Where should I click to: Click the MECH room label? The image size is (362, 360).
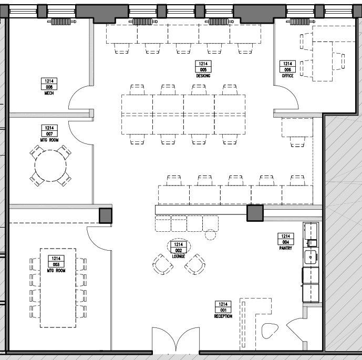tap(49, 93)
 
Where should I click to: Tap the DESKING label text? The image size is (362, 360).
tap(203, 76)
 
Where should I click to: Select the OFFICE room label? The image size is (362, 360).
tap(287, 76)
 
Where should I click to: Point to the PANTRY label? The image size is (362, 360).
tap(286, 248)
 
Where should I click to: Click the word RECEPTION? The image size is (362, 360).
tap(223, 316)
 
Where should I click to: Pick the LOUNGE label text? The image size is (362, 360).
tap(179, 256)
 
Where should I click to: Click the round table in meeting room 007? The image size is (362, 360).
tap(50, 166)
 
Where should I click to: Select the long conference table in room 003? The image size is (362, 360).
tap(58, 287)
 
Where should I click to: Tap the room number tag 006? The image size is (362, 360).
tap(287, 67)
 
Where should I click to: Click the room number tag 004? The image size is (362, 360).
tap(286, 239)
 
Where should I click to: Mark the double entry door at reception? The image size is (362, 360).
tap(175, 340)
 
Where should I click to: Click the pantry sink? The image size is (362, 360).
tap(311, 257)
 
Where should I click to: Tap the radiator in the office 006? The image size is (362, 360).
tap(299, 22)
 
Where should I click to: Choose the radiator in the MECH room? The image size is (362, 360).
tap(60, 22)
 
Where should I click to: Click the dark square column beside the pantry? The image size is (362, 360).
tap(255, 213)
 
